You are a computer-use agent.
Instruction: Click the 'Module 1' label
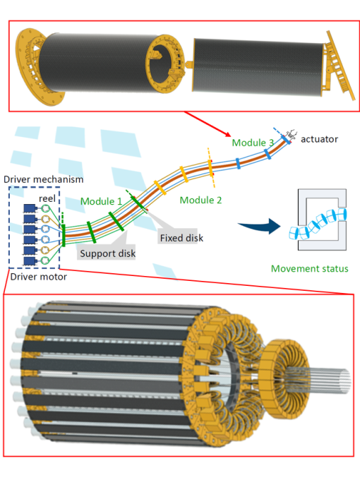(x=101, y=201)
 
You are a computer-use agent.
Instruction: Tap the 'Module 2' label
(x=200, y=200)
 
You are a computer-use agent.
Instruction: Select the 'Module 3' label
(x=253, y=143)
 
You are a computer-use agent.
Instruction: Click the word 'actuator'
(x=319, y=139)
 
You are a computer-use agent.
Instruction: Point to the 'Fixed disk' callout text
(x=181, y=238)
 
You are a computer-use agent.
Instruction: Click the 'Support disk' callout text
(x=108, y=253)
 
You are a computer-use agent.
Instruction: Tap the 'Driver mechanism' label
(x=44, y=179)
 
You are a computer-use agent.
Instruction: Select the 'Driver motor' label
(x=39, y=277)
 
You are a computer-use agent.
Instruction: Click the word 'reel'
(x=47, y=198)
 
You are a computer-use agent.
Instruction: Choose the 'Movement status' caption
(x=309, y=268)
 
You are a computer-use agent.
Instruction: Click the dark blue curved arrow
(x=260, y=227)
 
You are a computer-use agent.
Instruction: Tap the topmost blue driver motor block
(x=30, y=208)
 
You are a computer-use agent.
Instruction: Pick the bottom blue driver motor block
(x=30, y=260)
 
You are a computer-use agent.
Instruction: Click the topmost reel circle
(x=45, y=208)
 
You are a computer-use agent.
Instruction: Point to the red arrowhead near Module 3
(x=227, y=134)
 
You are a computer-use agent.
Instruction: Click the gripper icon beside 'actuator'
(x=290, y=133)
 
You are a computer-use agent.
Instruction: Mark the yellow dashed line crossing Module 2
(x=211, y=168)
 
